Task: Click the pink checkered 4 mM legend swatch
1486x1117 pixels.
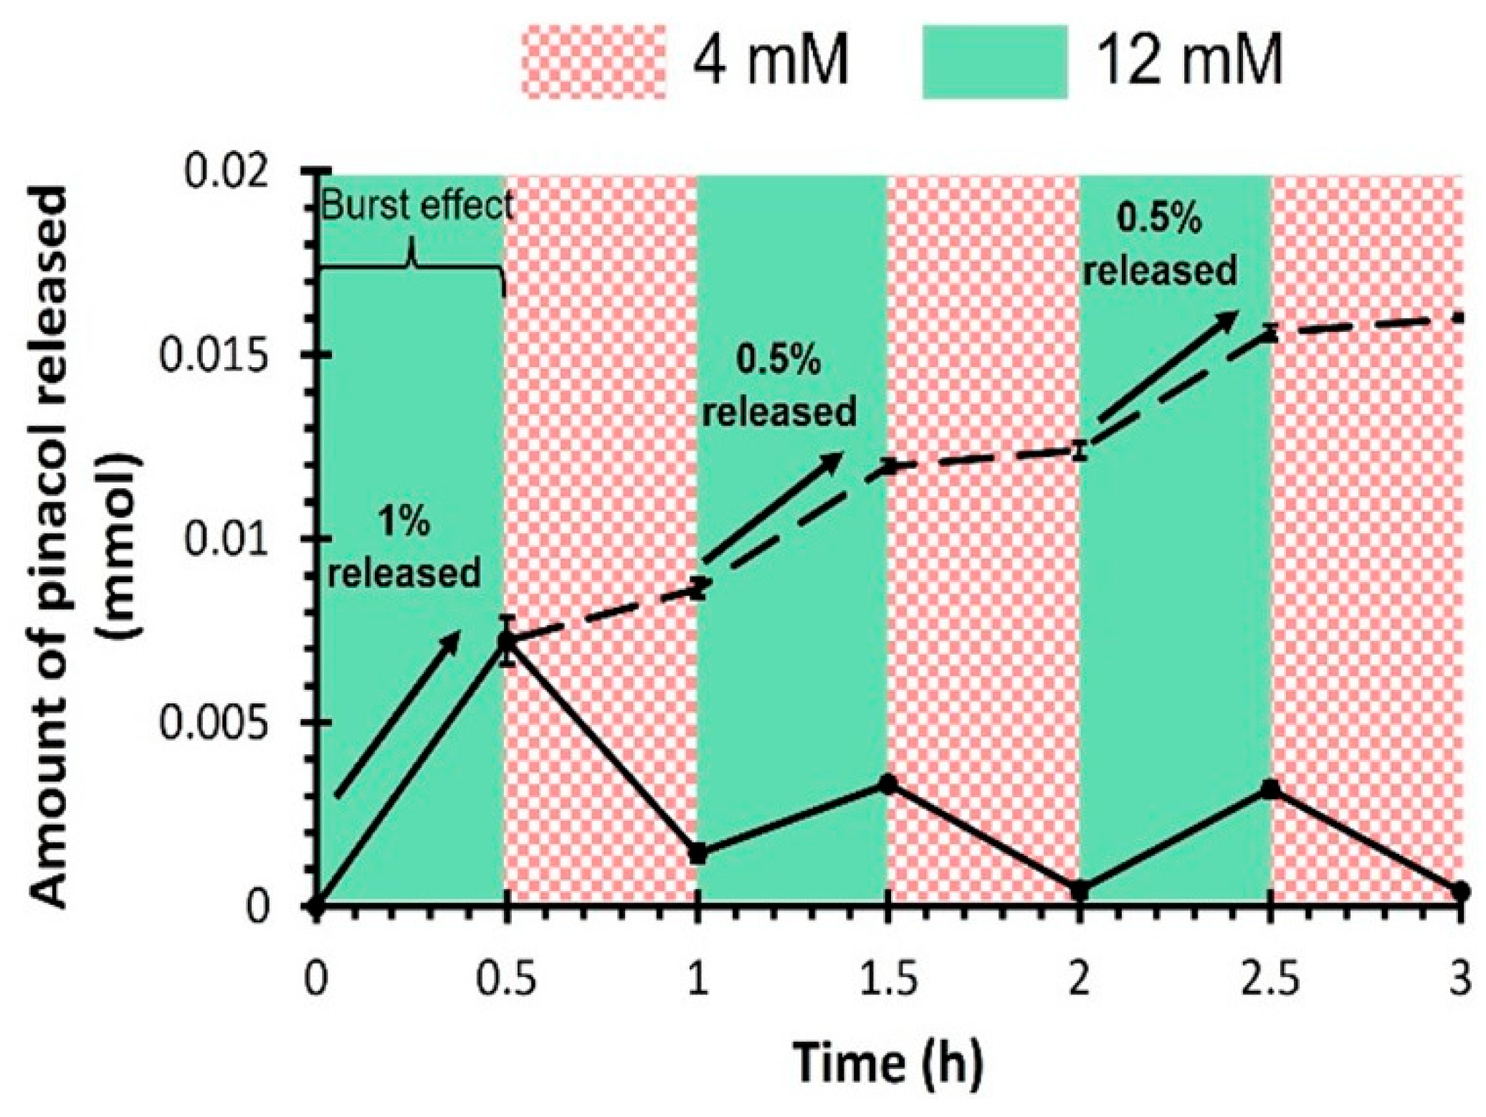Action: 594,62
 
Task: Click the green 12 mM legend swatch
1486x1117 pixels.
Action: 994,62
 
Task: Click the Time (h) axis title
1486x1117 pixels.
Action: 887,1062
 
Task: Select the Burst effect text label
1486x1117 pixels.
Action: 416,206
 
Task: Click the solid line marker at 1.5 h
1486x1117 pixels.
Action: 888,784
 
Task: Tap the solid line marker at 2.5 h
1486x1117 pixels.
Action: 1270,789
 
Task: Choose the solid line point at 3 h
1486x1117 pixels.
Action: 1460,892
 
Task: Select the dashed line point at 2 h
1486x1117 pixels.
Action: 1080,451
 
